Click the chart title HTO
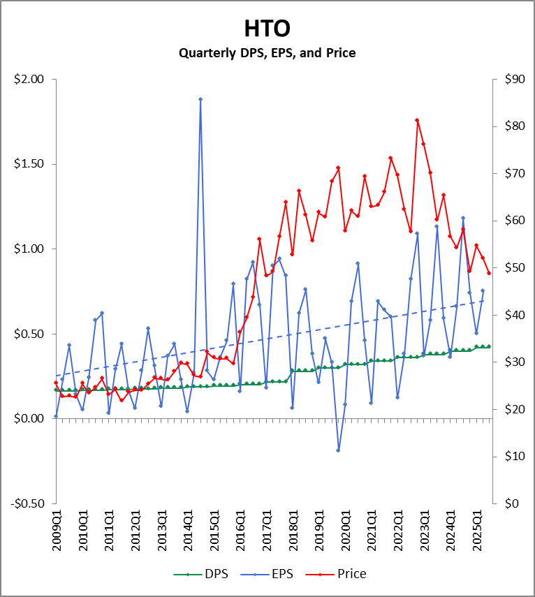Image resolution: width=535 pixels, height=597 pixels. pyautogui.click(x=267, y=28)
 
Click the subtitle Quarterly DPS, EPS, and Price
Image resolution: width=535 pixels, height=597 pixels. pyautogui.click(x=267, y=52)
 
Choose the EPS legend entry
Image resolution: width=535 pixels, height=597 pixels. pyautogui.click(x=273, y=574)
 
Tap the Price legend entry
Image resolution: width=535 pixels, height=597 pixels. pyautogui.click(x=343, y=574)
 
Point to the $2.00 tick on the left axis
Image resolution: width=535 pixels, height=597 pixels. pyautogui.click(x=29, y=80)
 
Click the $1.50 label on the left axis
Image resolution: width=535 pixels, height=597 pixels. pyautogui.click(x=29, y=164)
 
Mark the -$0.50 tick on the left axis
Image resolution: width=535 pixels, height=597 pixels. pyautogui.click(x=27, y=503)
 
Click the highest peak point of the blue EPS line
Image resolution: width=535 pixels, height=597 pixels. pyautogui.click(x=200, y=99)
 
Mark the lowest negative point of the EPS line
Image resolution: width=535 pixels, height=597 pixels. pyautogui.click(x=339, y=450)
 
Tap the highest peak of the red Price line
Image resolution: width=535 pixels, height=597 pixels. pyautogui.click(x=417, y=120)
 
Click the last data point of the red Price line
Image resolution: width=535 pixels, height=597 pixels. pyautogui.click(x=489, y=273)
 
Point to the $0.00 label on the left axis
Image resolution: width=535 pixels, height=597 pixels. pyautogui.click(x=29, y=419)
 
